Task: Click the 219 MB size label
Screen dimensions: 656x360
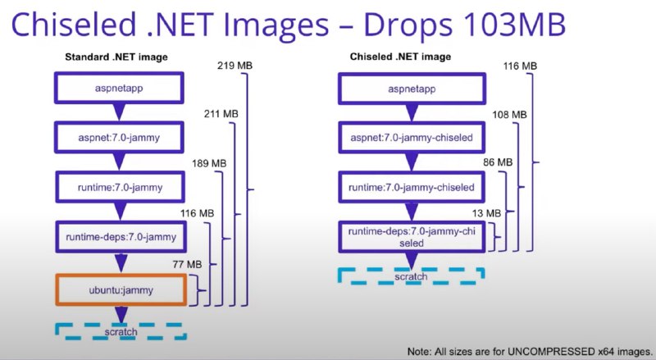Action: tap(235, 66)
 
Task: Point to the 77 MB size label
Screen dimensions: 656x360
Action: tap(187, 264)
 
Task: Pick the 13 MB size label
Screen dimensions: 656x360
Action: tap(486, 213)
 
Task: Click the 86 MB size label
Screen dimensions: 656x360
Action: tap(498, 162)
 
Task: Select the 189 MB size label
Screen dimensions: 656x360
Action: tap(209, 163)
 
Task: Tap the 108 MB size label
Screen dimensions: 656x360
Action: tap(509, 114)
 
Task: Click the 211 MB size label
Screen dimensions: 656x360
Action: tap(221, 113)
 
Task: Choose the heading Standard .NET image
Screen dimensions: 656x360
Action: tap(116, 57)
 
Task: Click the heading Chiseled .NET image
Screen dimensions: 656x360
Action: tap(400, 57)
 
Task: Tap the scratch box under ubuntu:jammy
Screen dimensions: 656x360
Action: tap(121, 331)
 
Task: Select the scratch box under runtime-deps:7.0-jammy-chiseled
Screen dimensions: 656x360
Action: tap(412, 276)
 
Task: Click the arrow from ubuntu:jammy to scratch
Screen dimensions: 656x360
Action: tap(121, 314)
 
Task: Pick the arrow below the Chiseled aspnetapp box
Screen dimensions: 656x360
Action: tap(412, 112)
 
